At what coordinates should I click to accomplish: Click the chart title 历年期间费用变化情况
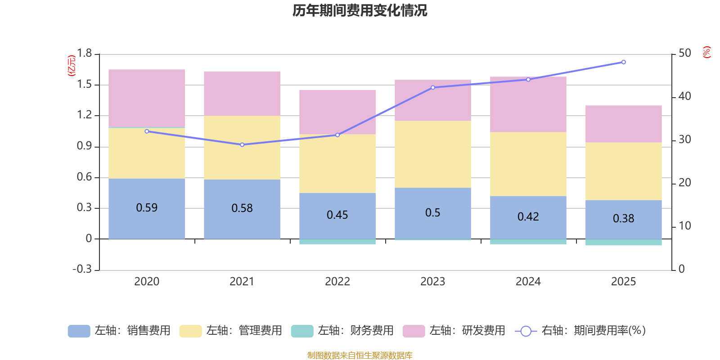pyautogui.click(x=360, y=10)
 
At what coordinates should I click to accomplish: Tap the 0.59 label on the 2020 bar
pyautogui.click(x=147, y=208)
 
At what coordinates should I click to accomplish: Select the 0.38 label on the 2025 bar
pyautogui.click(x=623, y=219)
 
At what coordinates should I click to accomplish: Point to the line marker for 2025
pyautogui.click(x=623, y=62)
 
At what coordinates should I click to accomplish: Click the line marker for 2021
pyautogui.click(x=242, y=144)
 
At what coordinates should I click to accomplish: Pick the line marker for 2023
pyautogui.click(x=433, y=87)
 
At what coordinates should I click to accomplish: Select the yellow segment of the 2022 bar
pyautogui.click(x=337, y=163)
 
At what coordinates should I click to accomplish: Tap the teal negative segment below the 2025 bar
pyautogui.click(x=623, y=243)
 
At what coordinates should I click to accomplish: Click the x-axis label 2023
pyautogui.click(x=432, y=282)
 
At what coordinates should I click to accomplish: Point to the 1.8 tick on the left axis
pyautogui.click(x=84, y=54)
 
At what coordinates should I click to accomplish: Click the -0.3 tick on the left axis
pyautogui.click(x=82, y=269)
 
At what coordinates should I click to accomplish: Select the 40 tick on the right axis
pyautogui.click(x=684, y=96)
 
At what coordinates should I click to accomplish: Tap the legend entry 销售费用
pyautogui.click(x=119, y=331)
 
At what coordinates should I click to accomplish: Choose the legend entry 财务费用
pyautogui.click(x=342, y=331)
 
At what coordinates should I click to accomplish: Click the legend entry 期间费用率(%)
pyautogui.click(x=580, y=331)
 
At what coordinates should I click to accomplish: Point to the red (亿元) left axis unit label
pyautogui.click(x=71, y=66)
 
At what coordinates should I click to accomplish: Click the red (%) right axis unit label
pyautogui.click(x=706, y=52)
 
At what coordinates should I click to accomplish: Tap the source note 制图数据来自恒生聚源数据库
pyautogui.click(x=360, y=355)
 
